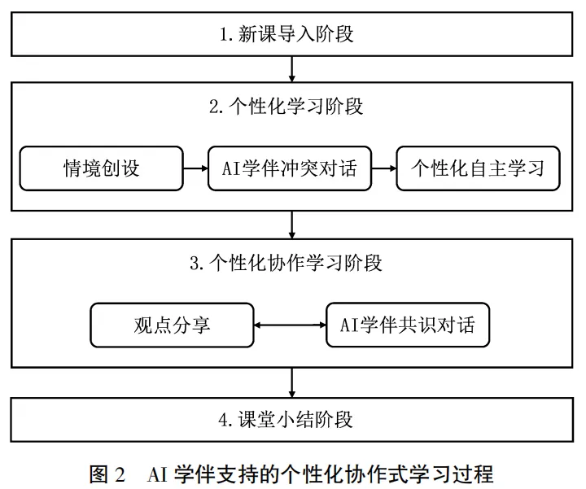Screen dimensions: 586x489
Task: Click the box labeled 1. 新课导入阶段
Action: pyautogui.click(x=292, y=34)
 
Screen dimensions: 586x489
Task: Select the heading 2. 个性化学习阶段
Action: pyautogui.click(x=286, y=107)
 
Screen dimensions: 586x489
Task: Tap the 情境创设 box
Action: pyautogui.click(x=101, y=168)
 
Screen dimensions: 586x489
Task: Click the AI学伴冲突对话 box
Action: pyautogui.click(x=290, y=168)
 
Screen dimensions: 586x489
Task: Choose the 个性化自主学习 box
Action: pyautogui.click(x=478, y=168)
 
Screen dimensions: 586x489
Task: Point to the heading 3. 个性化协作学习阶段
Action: pyautogui.click(x=286, y=263)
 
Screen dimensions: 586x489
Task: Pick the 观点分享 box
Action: pyautogui.click(x=172, y=325)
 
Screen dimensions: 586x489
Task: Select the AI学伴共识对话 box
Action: pyautogui.click(x=408, y=325)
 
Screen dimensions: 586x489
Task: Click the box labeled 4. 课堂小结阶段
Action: pyautogui.click(x=292, y=420)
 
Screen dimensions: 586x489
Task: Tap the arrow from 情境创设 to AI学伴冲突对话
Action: pyautogui.click(x=196, y=168)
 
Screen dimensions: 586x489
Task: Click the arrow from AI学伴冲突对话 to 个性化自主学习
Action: pyautogui.click(x=384, y=168)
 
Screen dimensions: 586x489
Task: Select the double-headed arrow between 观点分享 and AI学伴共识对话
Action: pyautogui.click(x=290, y=325)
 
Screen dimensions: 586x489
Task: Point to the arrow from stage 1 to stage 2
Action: pyautogui.click(x=292, y=69)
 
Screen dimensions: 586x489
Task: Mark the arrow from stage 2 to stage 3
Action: pyautogui.click(x=292, y=225)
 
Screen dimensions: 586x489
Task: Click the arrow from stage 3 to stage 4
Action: pyautogui.click(x=292, y=383)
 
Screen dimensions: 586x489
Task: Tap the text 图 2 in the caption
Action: pyautogui.click(x=107, y=474)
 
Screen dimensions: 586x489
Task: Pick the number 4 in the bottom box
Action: pyautogui.click(x=224, y=421)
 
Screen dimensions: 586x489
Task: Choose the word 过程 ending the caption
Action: pyautogui.click(x=473, y=474)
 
